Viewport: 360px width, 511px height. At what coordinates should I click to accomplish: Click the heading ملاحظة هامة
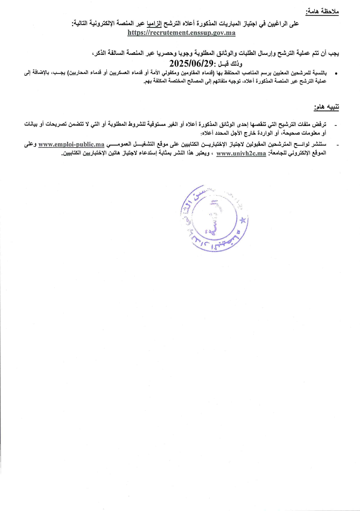[x=322, y=12]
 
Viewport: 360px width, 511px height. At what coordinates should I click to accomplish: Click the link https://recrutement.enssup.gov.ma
[x=181, y=33]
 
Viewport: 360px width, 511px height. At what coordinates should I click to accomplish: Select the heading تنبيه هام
[x=326, y=107]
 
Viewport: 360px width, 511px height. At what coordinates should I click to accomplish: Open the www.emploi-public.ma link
[x=71, y=144]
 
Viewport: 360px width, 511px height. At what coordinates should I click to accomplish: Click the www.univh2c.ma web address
[x=241, y=153]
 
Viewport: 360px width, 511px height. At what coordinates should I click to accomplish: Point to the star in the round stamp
[x=243, y=220]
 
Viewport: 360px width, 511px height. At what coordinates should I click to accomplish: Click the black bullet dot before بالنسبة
[x=336, y=73]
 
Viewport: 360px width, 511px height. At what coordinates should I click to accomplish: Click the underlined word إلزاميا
[x=154, y=24]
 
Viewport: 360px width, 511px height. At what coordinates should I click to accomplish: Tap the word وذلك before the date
[x=236, y=64]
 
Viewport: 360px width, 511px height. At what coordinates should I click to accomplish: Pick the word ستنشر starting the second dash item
[x=319, y=144]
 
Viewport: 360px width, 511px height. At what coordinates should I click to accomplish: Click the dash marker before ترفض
[x=336, y=125]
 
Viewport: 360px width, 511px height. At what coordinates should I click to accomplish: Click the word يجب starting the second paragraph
[x=334, y=53]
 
